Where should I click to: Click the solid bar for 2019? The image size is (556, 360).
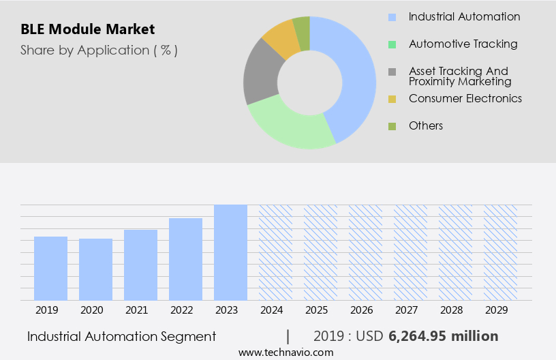pos(50,268)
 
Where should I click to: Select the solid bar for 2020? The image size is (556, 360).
pos(95,269)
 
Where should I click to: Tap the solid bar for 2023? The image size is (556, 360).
pos(230,252)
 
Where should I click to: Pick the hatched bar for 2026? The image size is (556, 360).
pos(365,252)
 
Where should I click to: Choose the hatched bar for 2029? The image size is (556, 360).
pos(500,252)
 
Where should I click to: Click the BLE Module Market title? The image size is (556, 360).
pos(87,29)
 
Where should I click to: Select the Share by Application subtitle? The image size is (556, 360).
pos(99,50)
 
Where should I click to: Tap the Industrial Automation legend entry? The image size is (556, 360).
pos(464,17)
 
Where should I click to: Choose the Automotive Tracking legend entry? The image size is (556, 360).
pos(463,44)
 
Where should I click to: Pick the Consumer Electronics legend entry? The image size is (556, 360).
pos(465,99)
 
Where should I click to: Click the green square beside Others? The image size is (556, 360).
pos(392,126)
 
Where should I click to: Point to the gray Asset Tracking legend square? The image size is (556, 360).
pos(392,72)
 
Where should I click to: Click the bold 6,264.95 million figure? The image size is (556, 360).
pos(443,336)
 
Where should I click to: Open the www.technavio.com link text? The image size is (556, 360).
pos(285,352)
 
